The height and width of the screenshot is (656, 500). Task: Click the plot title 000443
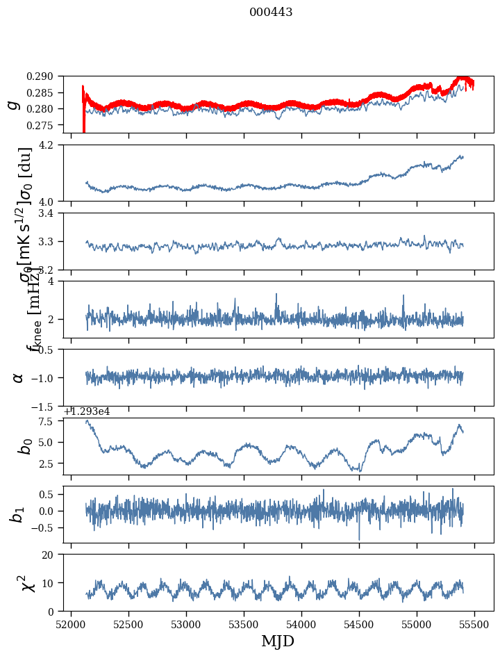pyautogui.click(x=271, y=13)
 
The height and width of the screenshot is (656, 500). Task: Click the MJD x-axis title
pyautogui.click(x=278, y=641)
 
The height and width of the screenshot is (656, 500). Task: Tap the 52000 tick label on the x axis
pyautogui.click(x=71, y=625)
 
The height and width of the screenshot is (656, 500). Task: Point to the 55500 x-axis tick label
pyautogui.click(x=475, y=625)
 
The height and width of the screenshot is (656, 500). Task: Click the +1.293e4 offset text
pyautogui.click(x=87, y=411)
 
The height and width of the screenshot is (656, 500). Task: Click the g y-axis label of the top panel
pyautogui.click(x=12, y=104)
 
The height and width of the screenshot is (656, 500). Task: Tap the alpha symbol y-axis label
pyautogui.click(x=18, y=377)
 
